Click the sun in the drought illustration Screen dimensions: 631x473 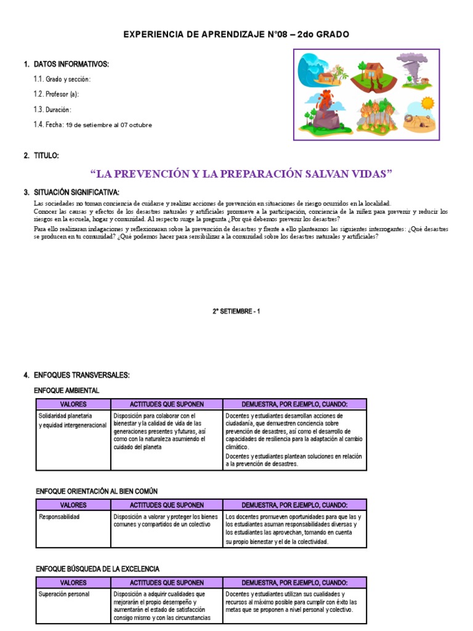pyautogui.click(x=427, y=102)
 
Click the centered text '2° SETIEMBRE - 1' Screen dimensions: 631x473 pyautogui.click(x=236, y=312)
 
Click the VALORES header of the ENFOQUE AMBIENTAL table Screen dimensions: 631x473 pyautogui.click(x=73, y=404)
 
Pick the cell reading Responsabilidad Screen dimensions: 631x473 pyautogui.click(x=59, y=516)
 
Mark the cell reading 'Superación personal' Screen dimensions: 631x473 pyautogui.click(x=64, y=594)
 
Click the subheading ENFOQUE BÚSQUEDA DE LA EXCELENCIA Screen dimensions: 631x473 pyautogui.click(x=97, y=568)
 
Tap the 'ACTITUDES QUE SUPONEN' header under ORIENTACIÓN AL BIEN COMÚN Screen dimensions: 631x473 pyautogui.click(x=166, y=505)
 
